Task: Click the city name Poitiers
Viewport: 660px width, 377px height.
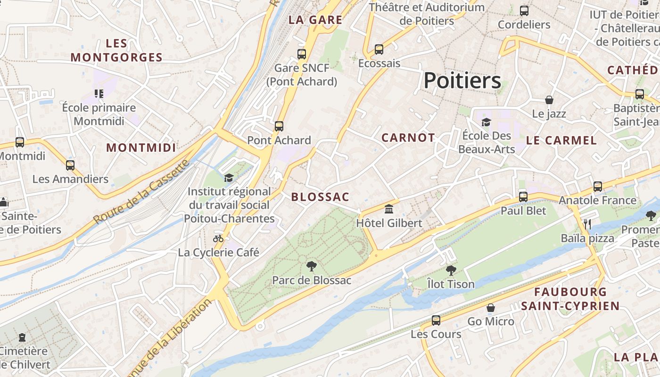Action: coord(462,81)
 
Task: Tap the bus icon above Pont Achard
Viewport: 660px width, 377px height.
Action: coord(279,126)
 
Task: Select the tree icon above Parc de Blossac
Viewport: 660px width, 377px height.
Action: coord(311,266)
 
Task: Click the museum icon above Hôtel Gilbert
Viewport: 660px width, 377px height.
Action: coord(389,209)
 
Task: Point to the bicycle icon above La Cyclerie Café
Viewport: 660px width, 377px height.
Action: coord(218,238)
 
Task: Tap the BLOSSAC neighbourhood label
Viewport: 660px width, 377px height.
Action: coord(320,197)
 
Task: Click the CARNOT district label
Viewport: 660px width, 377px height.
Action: coord(408,138)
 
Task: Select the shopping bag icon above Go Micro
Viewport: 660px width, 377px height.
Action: coord(491,308)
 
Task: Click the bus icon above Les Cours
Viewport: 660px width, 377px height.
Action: coord(436,320)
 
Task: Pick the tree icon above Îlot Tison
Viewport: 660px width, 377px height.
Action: coord(451,270)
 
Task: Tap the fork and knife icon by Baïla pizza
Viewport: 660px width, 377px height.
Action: coord(587,224)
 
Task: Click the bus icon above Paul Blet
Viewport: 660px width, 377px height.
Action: coord(523,197)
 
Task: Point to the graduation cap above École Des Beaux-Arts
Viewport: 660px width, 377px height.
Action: coord(486,122)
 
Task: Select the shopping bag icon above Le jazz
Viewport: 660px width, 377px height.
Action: coord(549,100)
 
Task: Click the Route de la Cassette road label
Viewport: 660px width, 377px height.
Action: coord(141,192)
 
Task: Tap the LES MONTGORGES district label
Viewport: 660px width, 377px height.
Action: coord(116,50)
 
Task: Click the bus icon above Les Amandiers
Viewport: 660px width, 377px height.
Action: coord(70,165)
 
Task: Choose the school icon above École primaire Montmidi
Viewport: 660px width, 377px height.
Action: coord(99,93)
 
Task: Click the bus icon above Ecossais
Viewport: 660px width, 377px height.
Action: coord(379,49)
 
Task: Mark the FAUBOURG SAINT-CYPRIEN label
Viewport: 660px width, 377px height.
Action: coord(570,299)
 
